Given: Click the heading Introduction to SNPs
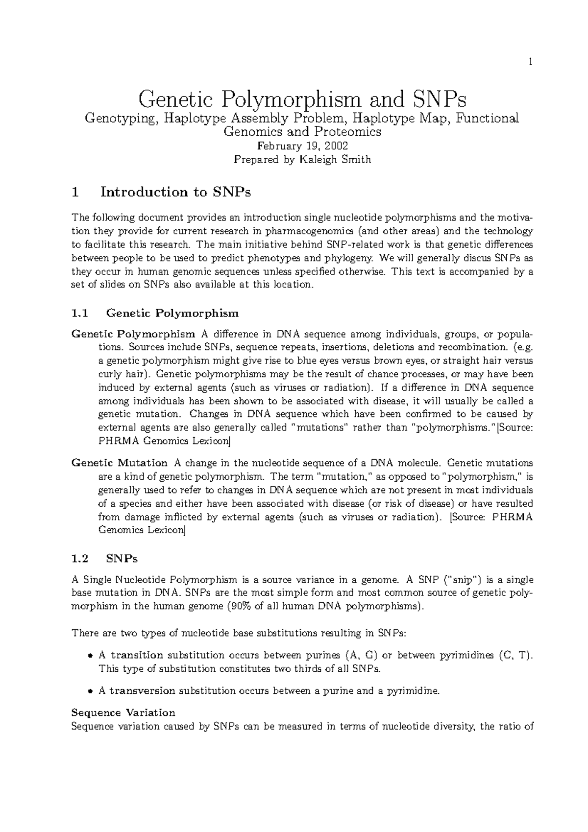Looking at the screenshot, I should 175,192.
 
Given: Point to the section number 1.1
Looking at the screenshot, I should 80,313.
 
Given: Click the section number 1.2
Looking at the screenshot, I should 80,559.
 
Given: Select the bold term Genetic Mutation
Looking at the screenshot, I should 119,463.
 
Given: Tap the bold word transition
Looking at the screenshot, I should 136,656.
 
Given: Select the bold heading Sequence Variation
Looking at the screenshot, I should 123,712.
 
